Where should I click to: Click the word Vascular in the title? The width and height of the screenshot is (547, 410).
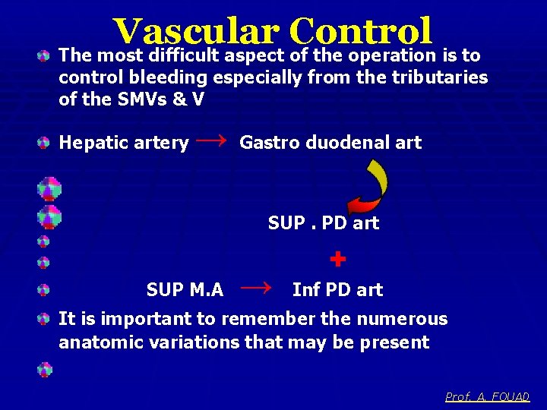[x=196, y=32]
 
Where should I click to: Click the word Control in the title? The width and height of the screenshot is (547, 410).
[x=359, y=32]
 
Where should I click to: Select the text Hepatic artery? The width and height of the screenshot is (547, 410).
[x=124, y=142]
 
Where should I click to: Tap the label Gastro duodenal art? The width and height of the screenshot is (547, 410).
[x=330, y=142]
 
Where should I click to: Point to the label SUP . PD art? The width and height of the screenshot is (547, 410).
[x=323, y=223]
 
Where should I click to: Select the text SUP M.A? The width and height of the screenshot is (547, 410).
[x=185, y=289]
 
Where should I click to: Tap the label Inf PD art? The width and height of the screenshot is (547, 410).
[x=337, y=289]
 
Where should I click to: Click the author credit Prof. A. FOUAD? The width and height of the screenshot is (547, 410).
[x=487, y=396]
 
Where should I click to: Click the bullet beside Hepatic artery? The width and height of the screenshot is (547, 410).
[x=46, y=142]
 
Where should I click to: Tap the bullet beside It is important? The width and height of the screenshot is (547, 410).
[x=46, y=319]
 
